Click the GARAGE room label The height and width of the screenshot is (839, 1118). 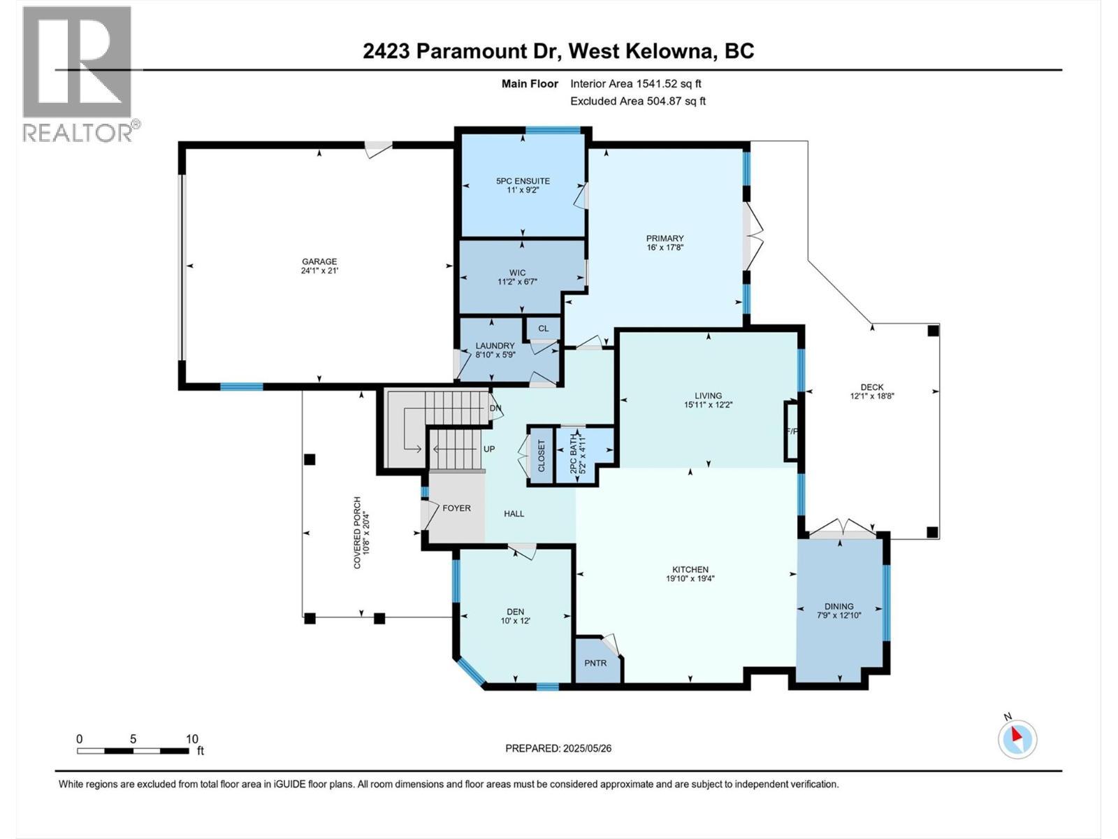click(319, 261)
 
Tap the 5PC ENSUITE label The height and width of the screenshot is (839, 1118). click(523, 181)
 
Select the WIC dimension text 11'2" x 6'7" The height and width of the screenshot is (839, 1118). click(517, 282)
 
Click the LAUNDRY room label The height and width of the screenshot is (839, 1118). click(495, 345)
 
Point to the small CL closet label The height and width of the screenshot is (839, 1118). click(543, 328)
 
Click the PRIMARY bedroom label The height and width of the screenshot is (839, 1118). click(665, 238)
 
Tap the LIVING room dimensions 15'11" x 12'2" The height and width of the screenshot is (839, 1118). click(708, 405)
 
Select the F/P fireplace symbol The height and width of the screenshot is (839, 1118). click(792, 431)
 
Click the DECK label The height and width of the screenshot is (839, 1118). click(871, 387)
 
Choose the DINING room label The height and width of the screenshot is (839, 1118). click(838, 606)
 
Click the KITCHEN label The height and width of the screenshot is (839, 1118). click(690, 569)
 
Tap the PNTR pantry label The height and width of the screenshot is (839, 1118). click(595, 663)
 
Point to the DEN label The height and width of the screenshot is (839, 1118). click(516, 611)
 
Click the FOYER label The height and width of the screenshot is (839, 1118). click(456, 508)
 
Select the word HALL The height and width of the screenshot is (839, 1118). click(514, 513)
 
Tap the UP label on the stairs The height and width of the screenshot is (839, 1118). click(489, 449)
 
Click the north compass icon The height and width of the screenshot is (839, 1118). click(1017, 739)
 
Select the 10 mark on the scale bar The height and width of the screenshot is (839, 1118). click(192, 739)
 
